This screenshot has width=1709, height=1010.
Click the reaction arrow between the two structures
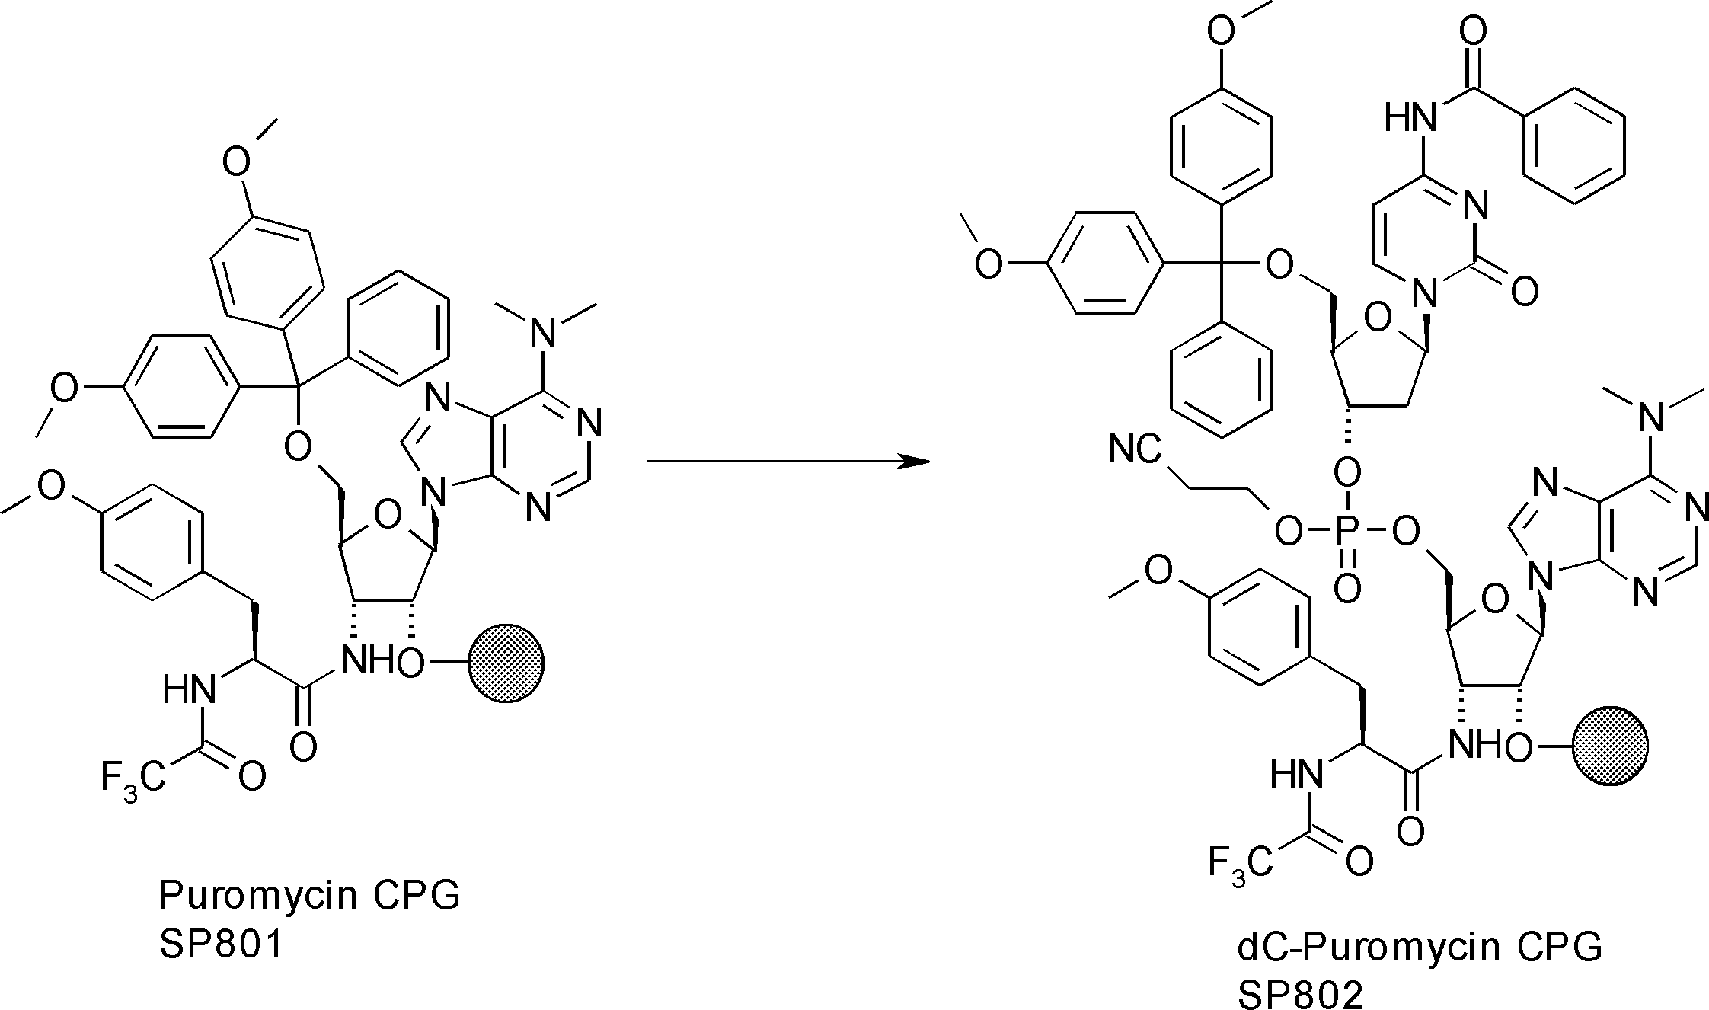784,461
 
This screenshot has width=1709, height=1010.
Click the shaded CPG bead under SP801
506,663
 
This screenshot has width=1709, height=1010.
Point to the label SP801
221,945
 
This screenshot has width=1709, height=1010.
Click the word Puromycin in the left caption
258,895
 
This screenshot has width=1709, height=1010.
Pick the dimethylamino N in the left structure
543,332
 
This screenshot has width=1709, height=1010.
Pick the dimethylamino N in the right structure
1653,415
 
